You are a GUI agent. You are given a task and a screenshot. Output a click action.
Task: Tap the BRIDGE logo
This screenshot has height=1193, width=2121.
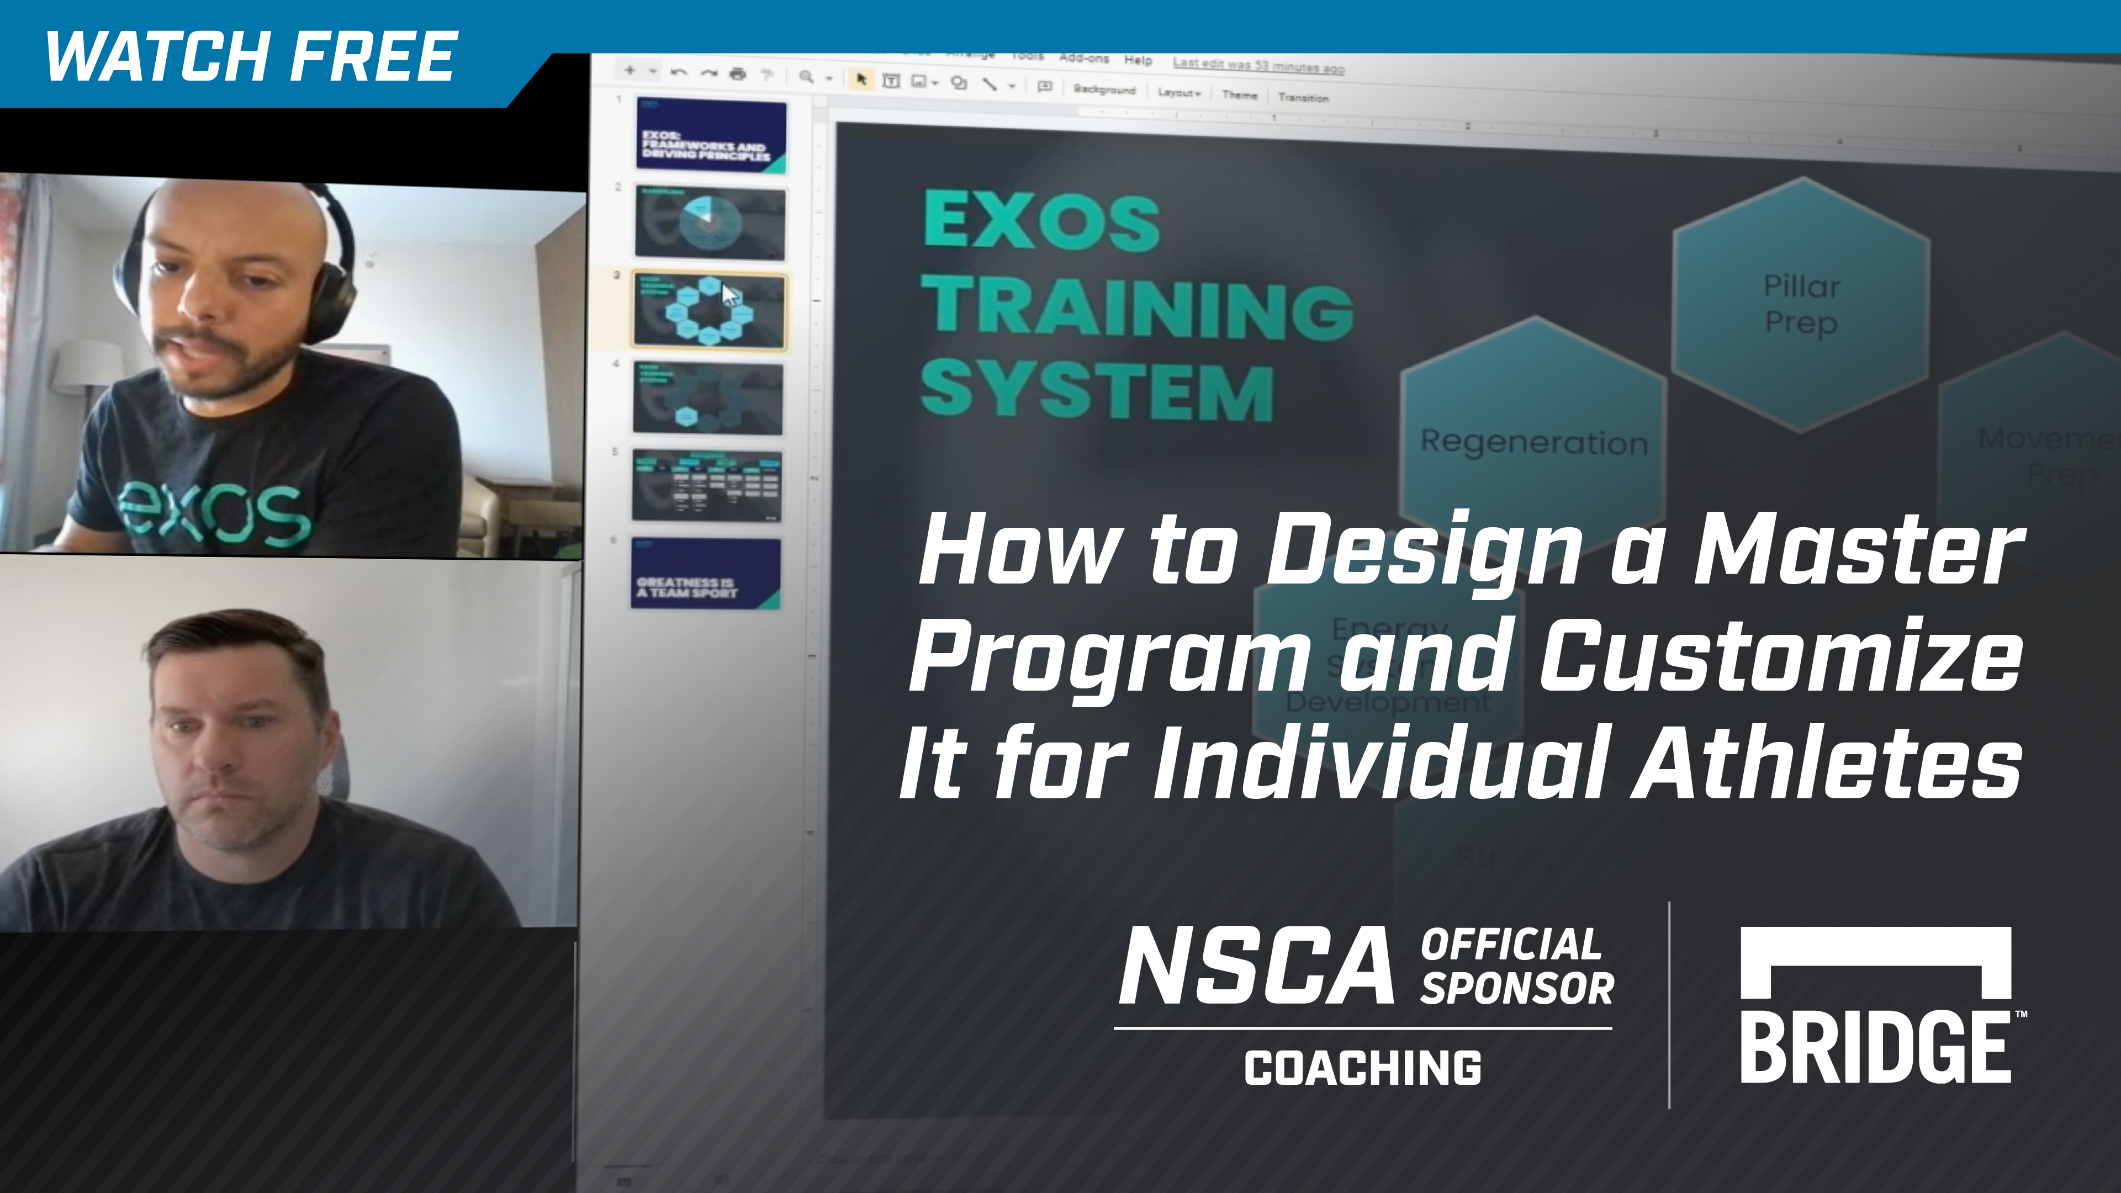pyautogui.click(x=1876, y=1006)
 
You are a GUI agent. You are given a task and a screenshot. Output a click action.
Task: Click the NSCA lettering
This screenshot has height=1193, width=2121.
pyautogui.click(x=1256, y=965)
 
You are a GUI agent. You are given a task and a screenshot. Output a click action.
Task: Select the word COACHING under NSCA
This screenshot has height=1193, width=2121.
pyautogui.click(x=1363, y=1068)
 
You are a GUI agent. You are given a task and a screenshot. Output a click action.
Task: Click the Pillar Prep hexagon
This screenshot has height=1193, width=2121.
pyautogui.click(x=1801, y=304)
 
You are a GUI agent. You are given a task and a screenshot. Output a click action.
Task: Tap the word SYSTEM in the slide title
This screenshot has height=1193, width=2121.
pyautogui.click(x=1097, y=390)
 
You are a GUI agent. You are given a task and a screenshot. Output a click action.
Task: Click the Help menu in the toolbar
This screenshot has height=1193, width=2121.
pyautogui.click(x=1138, y=60)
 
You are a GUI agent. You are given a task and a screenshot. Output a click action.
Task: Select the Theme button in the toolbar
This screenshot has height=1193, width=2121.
pyautogui.click(x=1239, y=95)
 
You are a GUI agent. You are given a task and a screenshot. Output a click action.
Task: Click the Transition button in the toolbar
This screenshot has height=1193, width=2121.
pyautogui.click(x=1303, y=97)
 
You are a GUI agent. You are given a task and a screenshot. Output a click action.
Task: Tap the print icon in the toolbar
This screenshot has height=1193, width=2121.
pyautogui.click(x=738, y=74)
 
